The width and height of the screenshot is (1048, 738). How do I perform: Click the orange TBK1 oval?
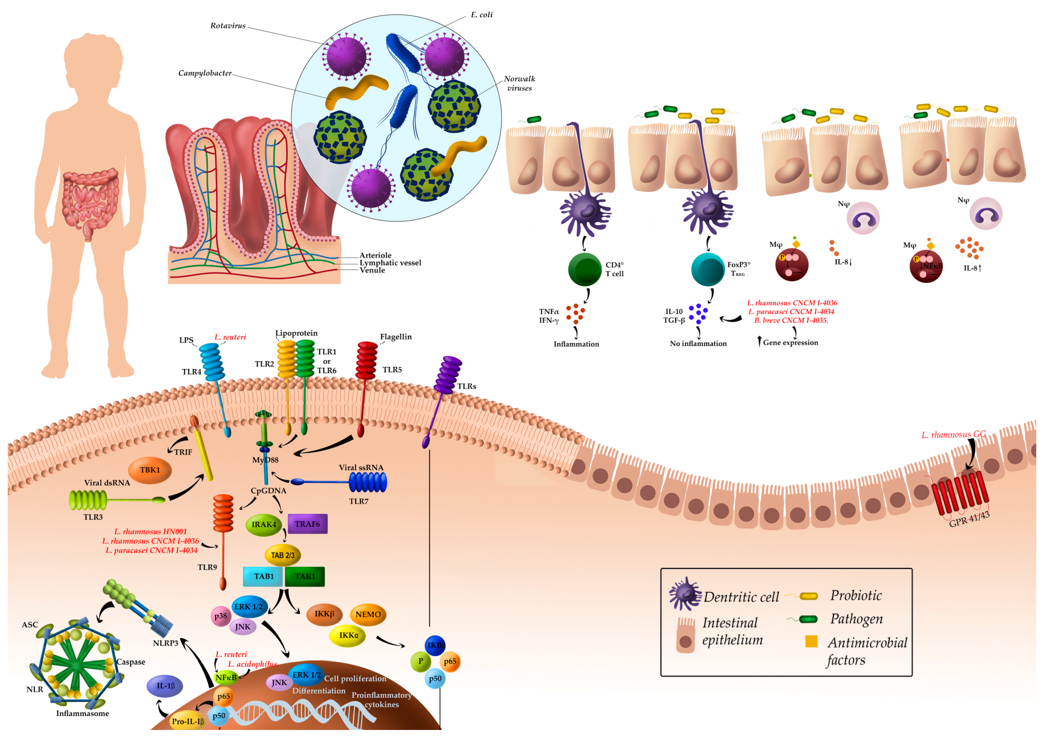pyautogui.click(x=150, y=470)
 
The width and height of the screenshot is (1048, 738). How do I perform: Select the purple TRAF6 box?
pyautogui.click(x=308, y=524)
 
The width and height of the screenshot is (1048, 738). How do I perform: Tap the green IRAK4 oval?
pyautogui.click(x=264, y=525)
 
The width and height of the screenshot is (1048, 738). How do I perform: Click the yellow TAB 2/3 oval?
pyautogui.click(x=283, y=555)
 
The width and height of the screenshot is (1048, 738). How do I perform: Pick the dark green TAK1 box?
pyautogui.click(x=305, y=576)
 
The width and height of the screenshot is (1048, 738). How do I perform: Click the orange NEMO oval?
pyautogui.click(x=368, y=614)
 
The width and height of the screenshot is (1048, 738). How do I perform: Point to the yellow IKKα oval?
pyautogui.click(x=348, y=635)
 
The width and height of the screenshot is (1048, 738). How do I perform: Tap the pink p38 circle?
pyautogui.click(x=221, y=616)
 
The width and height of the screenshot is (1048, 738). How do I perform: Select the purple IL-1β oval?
pyautogui.click(x=165, y=686)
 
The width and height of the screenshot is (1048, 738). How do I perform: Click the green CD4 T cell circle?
pyautogui.click(x=585, y=270)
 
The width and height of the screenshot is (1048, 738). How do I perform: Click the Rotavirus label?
pyautogui.click(x=228, y=26)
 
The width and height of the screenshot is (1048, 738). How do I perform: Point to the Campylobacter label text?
pyautogui.click(x=205, y=73)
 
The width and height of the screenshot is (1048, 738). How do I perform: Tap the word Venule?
pyautogui.click(x=372, y=270)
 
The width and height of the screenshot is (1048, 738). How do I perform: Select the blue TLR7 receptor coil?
pyautogui.click(x=368, y=482)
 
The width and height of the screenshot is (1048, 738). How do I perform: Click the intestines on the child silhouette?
pyautogui.click(x=90, y=201)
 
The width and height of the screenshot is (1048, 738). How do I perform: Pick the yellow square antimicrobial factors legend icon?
pyautogui.click(x=811, y=641)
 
